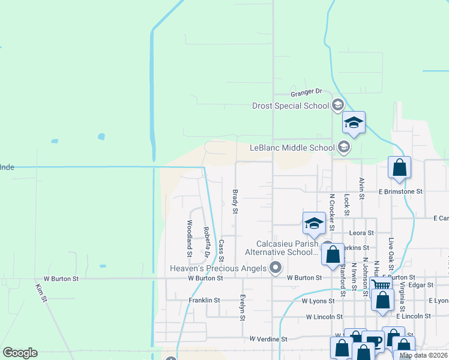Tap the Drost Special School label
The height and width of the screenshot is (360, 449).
[290, 106]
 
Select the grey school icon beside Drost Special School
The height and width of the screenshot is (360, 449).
[337, 106]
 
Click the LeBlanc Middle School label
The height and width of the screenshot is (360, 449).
[292, 148]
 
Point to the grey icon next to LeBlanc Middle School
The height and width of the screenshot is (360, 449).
[343, 147]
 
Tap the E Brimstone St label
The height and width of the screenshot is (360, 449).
[400, 191]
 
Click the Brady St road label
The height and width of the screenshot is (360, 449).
[235, 202]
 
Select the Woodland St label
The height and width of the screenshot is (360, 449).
[189, 238]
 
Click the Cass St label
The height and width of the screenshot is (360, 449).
[221, 250]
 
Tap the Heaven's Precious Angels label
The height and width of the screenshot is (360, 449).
[218, 268]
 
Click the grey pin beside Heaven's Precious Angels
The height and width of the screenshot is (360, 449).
[276, 268]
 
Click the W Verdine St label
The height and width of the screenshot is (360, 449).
[269, 339]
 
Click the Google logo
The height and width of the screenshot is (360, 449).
[20, 353]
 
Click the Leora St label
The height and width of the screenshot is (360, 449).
[362, 233]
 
